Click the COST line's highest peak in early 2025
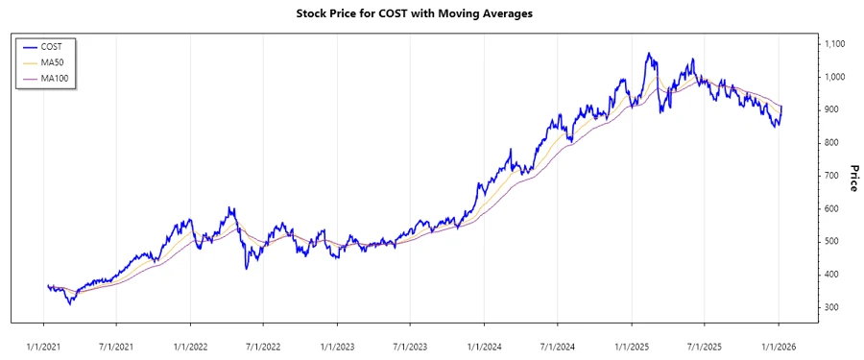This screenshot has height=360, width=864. click(x=649, y=53)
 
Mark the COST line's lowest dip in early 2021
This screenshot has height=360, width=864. click(x=69, y=304)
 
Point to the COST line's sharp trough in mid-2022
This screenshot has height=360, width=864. click(x=247, y=268)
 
